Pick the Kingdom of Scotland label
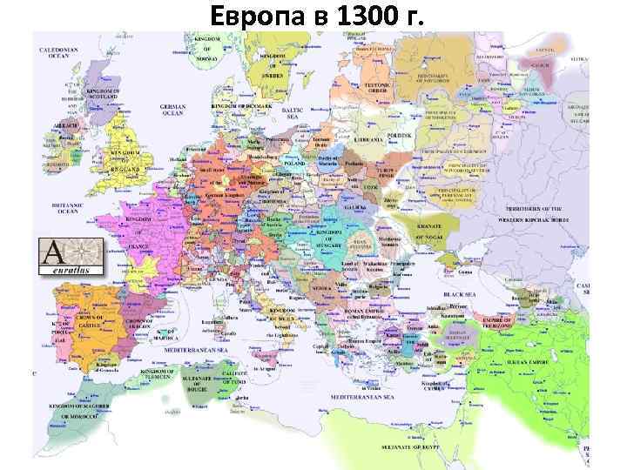coord(103,94)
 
